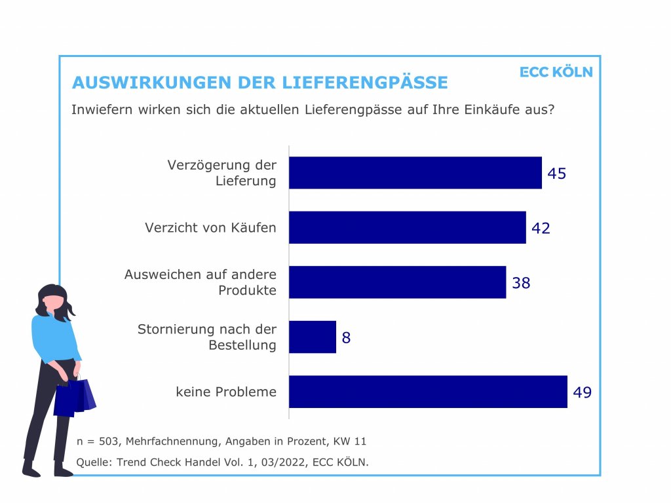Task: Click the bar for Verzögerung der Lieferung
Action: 415,173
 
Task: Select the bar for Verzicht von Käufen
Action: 407,227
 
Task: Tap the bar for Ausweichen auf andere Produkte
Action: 397,282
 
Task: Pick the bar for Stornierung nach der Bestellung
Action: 313,337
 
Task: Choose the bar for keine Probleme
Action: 428,392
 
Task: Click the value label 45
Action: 556,174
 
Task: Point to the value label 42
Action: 541,228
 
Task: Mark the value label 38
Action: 521,283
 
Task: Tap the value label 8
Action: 346,338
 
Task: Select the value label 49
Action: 582,392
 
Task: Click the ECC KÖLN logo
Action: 556,72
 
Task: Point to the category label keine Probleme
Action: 226,392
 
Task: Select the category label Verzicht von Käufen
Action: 210,228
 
